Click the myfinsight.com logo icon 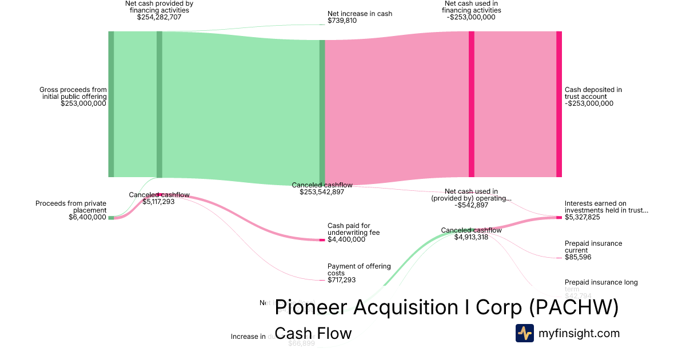coord(525,333)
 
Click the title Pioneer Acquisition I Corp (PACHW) coord(446,307)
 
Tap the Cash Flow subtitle coord(313,333)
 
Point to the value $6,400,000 coord(87,217)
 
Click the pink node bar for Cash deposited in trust coord(559,104)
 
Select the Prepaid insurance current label coord(593,247)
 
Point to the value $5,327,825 coord(582,217)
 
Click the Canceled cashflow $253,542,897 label coord(322,189)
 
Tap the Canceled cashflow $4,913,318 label coord(471,234)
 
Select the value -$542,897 coord(472,205)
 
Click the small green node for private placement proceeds coord(111,217)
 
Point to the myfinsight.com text coord(579,333)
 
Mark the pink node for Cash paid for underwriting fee coord(322,239)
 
